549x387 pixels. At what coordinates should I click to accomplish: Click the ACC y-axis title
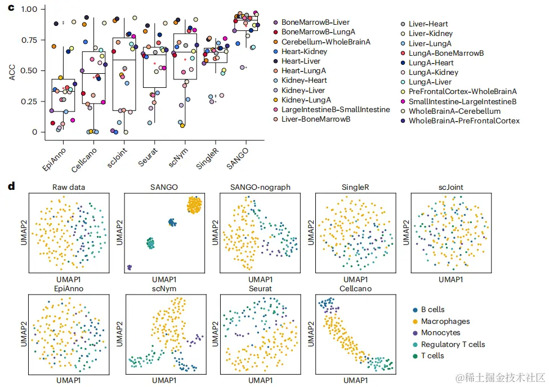point(12,70)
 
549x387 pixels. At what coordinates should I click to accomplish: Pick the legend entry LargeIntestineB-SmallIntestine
point(336,109)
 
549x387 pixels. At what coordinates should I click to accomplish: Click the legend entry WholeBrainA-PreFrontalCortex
point(464,121)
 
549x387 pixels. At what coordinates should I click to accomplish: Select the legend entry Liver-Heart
point(428,24)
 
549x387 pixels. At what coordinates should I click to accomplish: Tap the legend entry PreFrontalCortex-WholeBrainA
point(462,91)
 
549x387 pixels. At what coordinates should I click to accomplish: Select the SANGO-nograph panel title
point(260,187)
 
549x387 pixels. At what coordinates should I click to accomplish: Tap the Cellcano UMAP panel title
point(356,288)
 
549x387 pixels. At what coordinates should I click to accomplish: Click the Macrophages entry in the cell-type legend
point(445,321)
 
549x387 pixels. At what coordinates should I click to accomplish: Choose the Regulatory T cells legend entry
point(453,344)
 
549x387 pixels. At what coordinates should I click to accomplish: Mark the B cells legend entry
point(432,310)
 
